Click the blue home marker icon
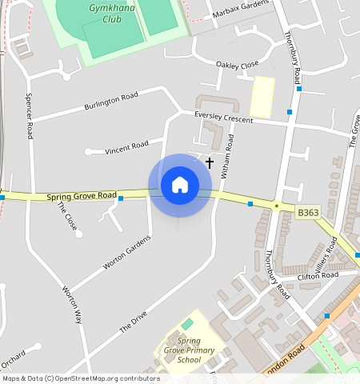180,185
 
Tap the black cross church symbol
210,162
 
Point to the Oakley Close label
238,64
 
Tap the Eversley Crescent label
223,117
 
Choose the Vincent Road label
127,146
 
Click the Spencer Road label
30,115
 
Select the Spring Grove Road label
82,196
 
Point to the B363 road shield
308,213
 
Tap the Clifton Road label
318,276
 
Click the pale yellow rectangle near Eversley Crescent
262,98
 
